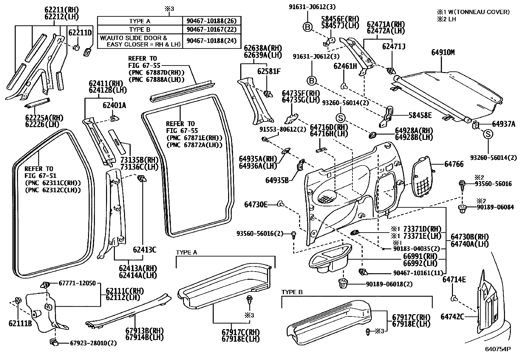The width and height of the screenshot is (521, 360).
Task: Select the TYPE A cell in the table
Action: pyautogui.click(x=139, y=21)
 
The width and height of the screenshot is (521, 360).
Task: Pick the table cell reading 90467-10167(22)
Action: pyautogui.click(x=211, y=29)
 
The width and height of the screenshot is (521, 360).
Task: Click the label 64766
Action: pyautogui.click(x=454, y=164)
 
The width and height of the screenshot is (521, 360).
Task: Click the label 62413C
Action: pyautogui.click(x=144, y=250)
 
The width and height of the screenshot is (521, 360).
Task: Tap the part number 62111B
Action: pyautogui.click(x=20, y=324)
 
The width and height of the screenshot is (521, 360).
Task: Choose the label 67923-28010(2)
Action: pyautogui.click(x=93, y=343)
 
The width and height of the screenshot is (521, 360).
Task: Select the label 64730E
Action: pyautogui.click(x=256, y=205)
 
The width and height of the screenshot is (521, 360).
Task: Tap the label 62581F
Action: pyautogui.click(x=269, y=71)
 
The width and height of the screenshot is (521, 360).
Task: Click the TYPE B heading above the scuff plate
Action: pyautogui.click(x=292, y=292)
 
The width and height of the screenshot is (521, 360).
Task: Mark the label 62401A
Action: pyautogui.click(x=114, y=105)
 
